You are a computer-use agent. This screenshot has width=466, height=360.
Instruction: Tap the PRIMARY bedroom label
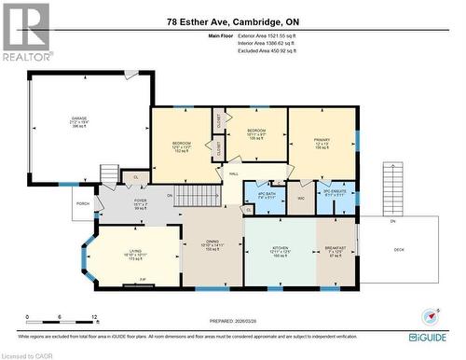point(322,142)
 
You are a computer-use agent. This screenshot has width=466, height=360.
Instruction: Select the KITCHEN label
point(279,247)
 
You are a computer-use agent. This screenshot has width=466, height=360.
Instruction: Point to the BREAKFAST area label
point(336,247)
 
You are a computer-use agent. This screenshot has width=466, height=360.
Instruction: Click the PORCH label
point(83,203)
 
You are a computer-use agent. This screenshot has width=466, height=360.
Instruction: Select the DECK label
point(399,249)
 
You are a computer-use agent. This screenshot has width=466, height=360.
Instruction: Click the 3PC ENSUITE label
point(335,193)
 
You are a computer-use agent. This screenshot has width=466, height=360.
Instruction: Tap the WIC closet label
point(302,198)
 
